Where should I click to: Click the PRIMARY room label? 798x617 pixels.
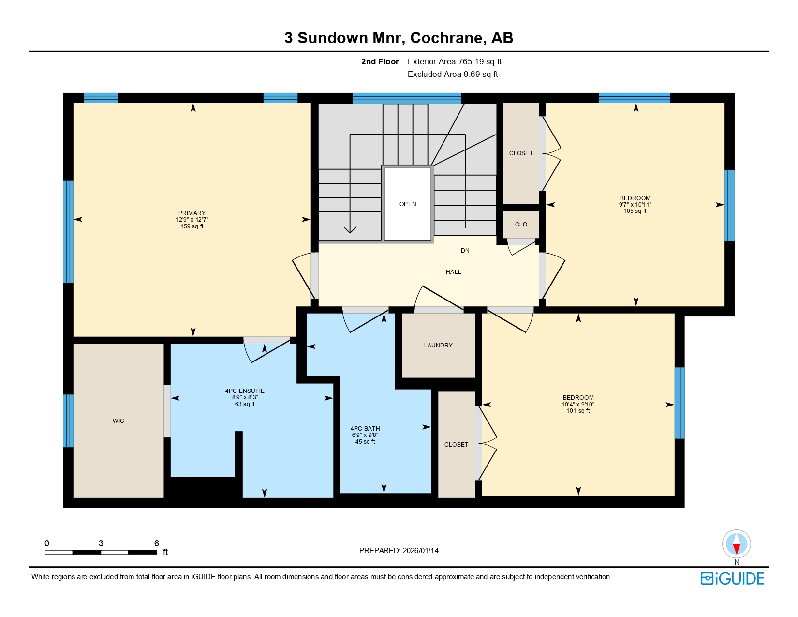click(x=192, y=213)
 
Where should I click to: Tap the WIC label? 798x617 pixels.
click(x=118, y=421)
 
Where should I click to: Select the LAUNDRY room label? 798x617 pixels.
click(x=438, y=346)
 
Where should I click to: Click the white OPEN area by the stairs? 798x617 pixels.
click(x=408, y=204)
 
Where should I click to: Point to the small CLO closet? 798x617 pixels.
click(x=521, y=225)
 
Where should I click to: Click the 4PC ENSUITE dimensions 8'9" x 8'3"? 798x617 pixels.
click(x=245, y=397)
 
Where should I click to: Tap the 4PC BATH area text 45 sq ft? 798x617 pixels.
click(x=365, y=442)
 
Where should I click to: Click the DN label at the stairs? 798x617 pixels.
click(x=465, y=251)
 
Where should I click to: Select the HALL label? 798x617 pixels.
click(x=453, y=272)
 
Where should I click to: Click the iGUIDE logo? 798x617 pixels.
click(x=732, y=579)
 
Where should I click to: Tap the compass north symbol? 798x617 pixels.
click(x=736, y=544)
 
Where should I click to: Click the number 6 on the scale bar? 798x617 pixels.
click(x=156, y=543)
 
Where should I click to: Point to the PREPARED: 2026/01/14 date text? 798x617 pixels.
click(x=399, y=551)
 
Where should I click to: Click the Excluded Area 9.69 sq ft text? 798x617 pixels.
click(x=453, y=74)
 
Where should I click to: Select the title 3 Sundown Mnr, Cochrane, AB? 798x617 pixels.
click(x=399, y=38)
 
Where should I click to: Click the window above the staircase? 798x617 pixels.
click(x=407, y=98)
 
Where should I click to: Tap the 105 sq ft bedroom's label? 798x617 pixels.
click(x=635, y=198)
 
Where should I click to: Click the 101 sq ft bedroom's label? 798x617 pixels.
click(x=578, y=398)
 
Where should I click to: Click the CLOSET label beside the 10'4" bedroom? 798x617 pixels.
click(x=456, y=445)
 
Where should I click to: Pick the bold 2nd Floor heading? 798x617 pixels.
click(x=380, y=61)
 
